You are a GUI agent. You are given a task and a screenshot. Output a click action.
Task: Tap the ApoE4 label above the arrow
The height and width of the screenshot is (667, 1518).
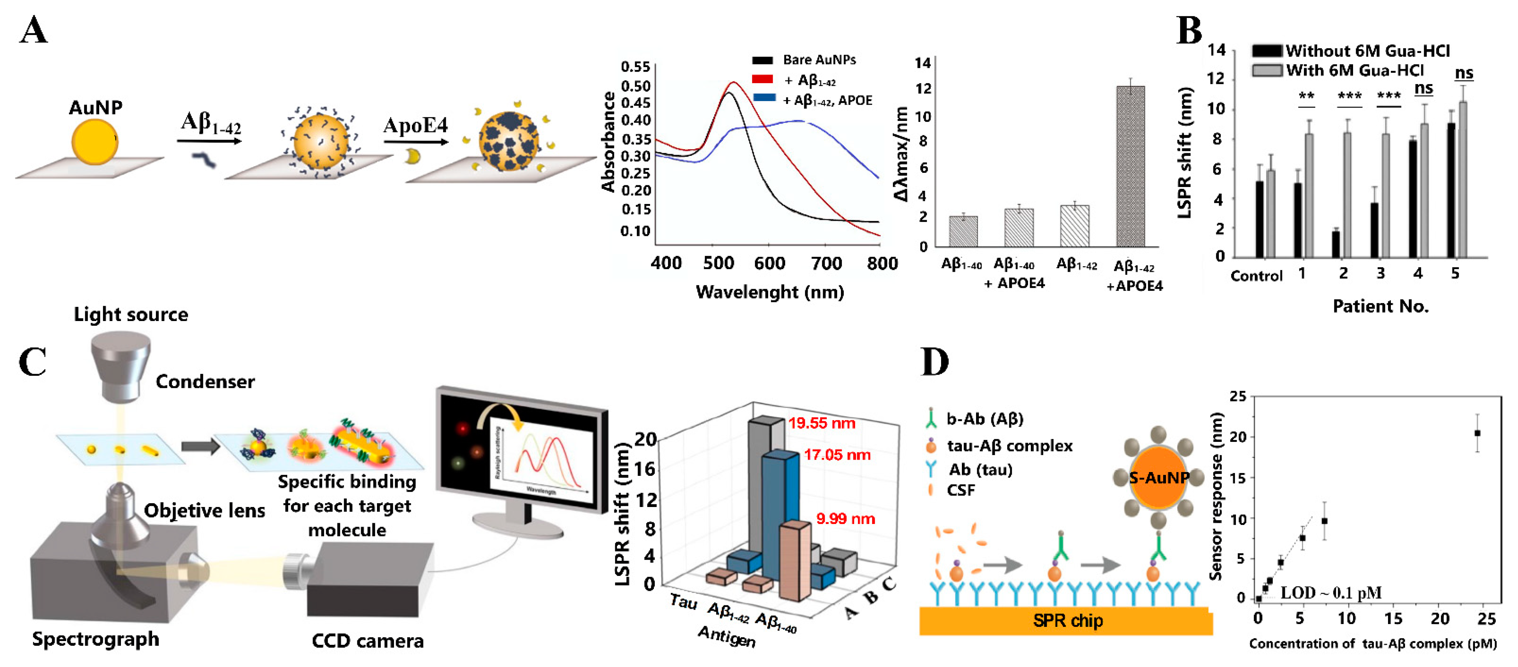(415, 125)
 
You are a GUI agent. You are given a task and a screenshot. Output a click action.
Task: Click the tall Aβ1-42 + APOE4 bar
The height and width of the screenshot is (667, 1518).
(1130, 166)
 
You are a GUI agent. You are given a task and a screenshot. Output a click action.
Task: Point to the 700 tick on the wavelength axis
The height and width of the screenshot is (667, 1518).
(826, 264)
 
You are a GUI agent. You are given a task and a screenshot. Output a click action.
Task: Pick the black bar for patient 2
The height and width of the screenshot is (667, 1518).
(1336, 244)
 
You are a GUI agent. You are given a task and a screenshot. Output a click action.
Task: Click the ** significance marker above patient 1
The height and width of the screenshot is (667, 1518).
(1306, 96)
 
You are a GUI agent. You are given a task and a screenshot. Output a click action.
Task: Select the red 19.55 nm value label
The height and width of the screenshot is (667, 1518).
(822, 423)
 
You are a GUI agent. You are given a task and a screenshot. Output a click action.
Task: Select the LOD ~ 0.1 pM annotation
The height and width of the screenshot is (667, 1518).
(1331, 593)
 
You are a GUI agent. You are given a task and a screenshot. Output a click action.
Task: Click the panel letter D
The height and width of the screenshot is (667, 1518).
(935, 362)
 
